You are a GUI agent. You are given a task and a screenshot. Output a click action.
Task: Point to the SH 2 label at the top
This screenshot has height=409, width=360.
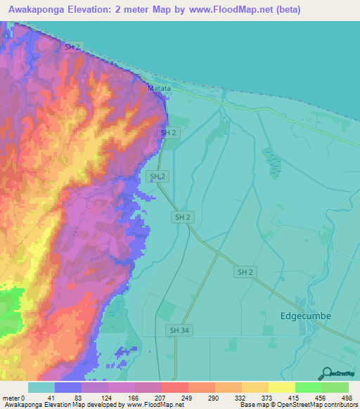click(x=72, y=46)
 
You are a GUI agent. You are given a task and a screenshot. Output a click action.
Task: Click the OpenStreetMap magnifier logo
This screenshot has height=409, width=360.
click(x=327, y=373)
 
